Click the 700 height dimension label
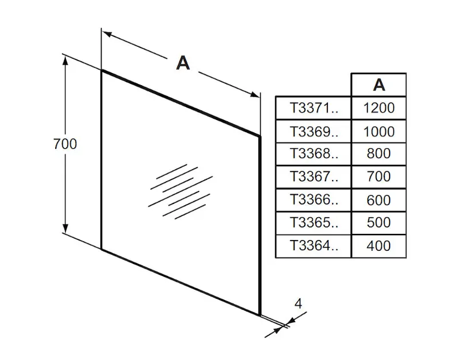click(65, 144)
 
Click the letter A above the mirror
click(183, 62)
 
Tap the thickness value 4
click(298, 303)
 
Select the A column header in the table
click(379, 85)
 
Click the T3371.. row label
click(314, 108)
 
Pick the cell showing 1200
click(379, 108)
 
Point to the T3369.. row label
click(314, 131)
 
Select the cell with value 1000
click(379, 131)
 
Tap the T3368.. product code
click(314, 154)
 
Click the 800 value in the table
click(379, 154)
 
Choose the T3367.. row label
click(314, 176)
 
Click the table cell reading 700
click(379, 176)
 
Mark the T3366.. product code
click(314, 200)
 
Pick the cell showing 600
click(379, 200)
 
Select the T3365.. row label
click(314, 223)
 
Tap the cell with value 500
click(379, 223)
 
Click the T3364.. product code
click(314, 245)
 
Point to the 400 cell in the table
click(379, 245)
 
